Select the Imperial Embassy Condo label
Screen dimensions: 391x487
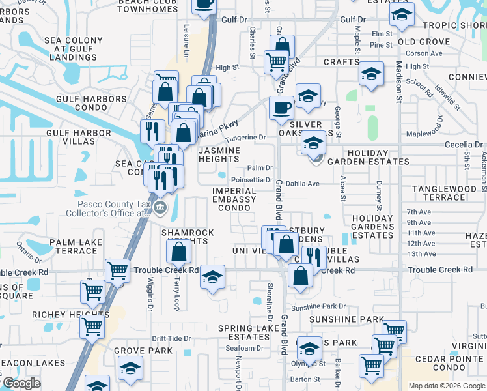click(239, 199)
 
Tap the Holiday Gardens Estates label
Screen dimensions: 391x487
click(372, 227)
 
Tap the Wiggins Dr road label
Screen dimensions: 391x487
click(150, 294)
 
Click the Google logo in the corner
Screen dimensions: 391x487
click(21, 383)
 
